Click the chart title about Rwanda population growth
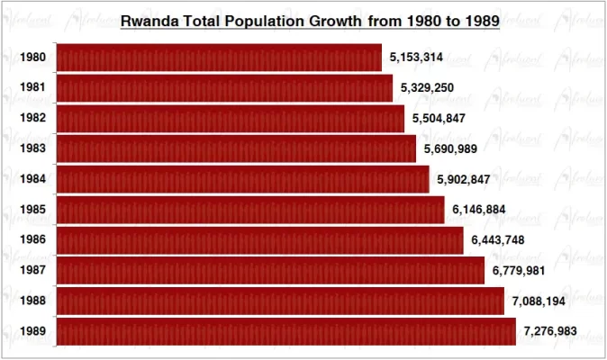point(310,19)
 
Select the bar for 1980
point(219,58)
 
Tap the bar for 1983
point(236,148)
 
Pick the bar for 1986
point(259,240)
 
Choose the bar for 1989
point(285,331)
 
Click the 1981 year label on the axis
point(33,88)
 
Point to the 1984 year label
point(33,179)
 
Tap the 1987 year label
point(33,271)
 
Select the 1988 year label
point(33,301)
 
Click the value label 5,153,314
point(417,58)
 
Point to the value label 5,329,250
point(429,88)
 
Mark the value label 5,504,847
point(439,119)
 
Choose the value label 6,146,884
point(479,210)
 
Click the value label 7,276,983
point(551,331)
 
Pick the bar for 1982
point(230,119)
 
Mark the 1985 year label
point(33,210)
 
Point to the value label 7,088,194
point(539,301)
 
